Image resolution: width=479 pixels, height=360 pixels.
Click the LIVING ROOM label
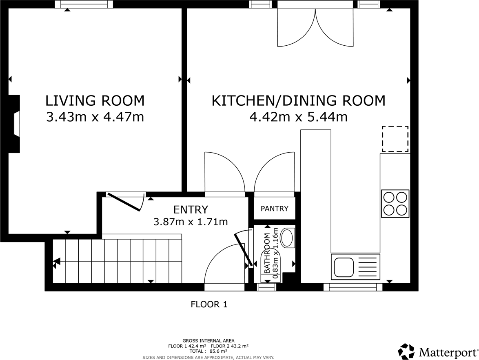[x=95, y=100]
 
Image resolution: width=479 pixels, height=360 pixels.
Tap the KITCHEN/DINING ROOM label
[x=298, y=100]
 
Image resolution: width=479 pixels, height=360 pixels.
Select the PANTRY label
[x=274, y=209]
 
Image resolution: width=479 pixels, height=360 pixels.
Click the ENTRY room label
[x=191, y=210]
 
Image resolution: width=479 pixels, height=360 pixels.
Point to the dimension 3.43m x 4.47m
[x=95, y=118]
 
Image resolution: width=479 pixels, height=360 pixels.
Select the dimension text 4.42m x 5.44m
[x=298, y=118]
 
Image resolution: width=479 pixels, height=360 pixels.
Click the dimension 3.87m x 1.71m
[x=190, y=222]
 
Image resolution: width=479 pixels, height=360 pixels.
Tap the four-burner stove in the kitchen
[x=395, y=203]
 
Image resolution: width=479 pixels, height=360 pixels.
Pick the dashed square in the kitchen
[x=395, y=139]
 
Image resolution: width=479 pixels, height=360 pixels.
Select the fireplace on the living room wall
[x=15, y=124]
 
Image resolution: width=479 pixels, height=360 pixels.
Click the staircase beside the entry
[x=117, y=261]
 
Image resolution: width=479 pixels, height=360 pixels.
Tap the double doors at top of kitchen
[x=315, y=27]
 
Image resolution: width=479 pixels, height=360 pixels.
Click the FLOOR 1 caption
[x=209, y=304]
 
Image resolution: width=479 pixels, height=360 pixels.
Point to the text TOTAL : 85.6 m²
[x=208, y=351]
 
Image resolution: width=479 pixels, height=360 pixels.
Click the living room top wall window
[x=84, y=4]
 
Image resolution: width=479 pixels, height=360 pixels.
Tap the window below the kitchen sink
[x=353, y=287]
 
